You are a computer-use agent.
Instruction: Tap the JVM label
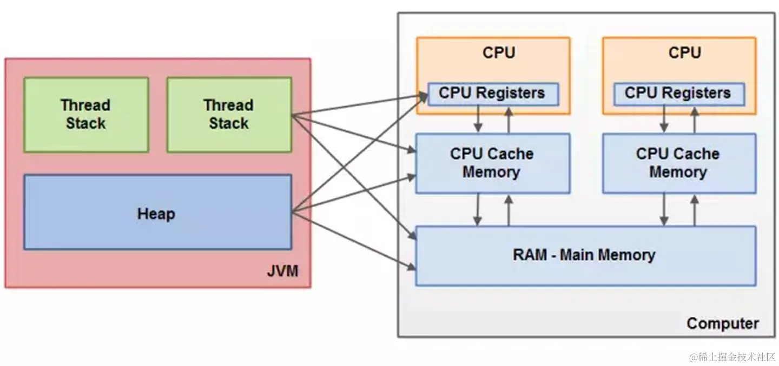click(x=282, y=270)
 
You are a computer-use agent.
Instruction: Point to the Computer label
click(x=722, y=323)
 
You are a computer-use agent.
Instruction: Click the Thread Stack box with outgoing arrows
click(x=229, y=114)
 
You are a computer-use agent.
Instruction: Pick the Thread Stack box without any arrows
click(x=85, y=114)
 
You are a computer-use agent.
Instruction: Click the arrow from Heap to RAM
click(x=352, y=240)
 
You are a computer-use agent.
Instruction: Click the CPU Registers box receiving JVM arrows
click(x=492, y=93)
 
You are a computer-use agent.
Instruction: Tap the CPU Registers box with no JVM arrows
click(x=678, y=93)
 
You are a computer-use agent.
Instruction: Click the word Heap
click(x=156, y=214)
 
